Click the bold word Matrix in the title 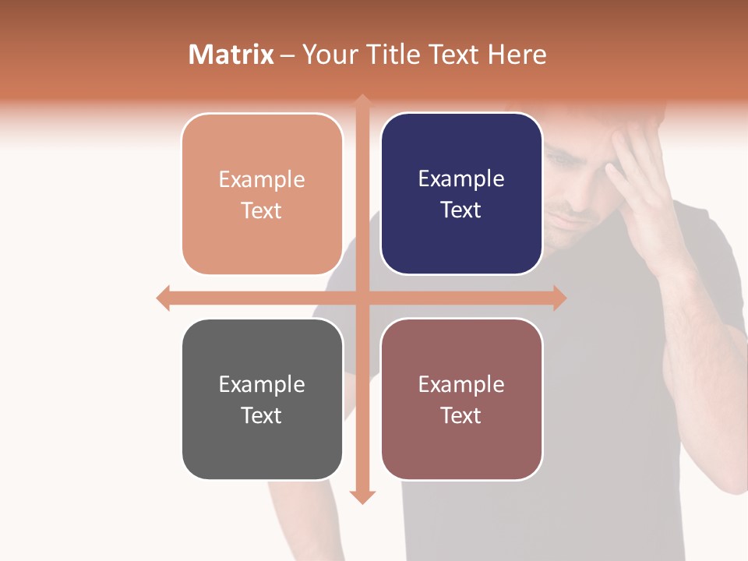[231, 55]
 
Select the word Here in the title [517, 55]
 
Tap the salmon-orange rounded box [262, 194]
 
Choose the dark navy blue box [461, 194]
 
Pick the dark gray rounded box [262, 399]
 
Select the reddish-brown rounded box [461, 399]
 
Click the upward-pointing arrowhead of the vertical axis [362, 101]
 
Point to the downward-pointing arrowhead [362, 497]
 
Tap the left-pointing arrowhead [163, 298]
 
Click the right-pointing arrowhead [559, 298]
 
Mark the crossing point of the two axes [362, 298]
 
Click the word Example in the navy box [461, 179]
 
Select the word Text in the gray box [261, 415]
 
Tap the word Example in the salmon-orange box [262, 180]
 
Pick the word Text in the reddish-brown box [461, 415]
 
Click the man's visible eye [563, 161]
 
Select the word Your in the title [328, 55]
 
